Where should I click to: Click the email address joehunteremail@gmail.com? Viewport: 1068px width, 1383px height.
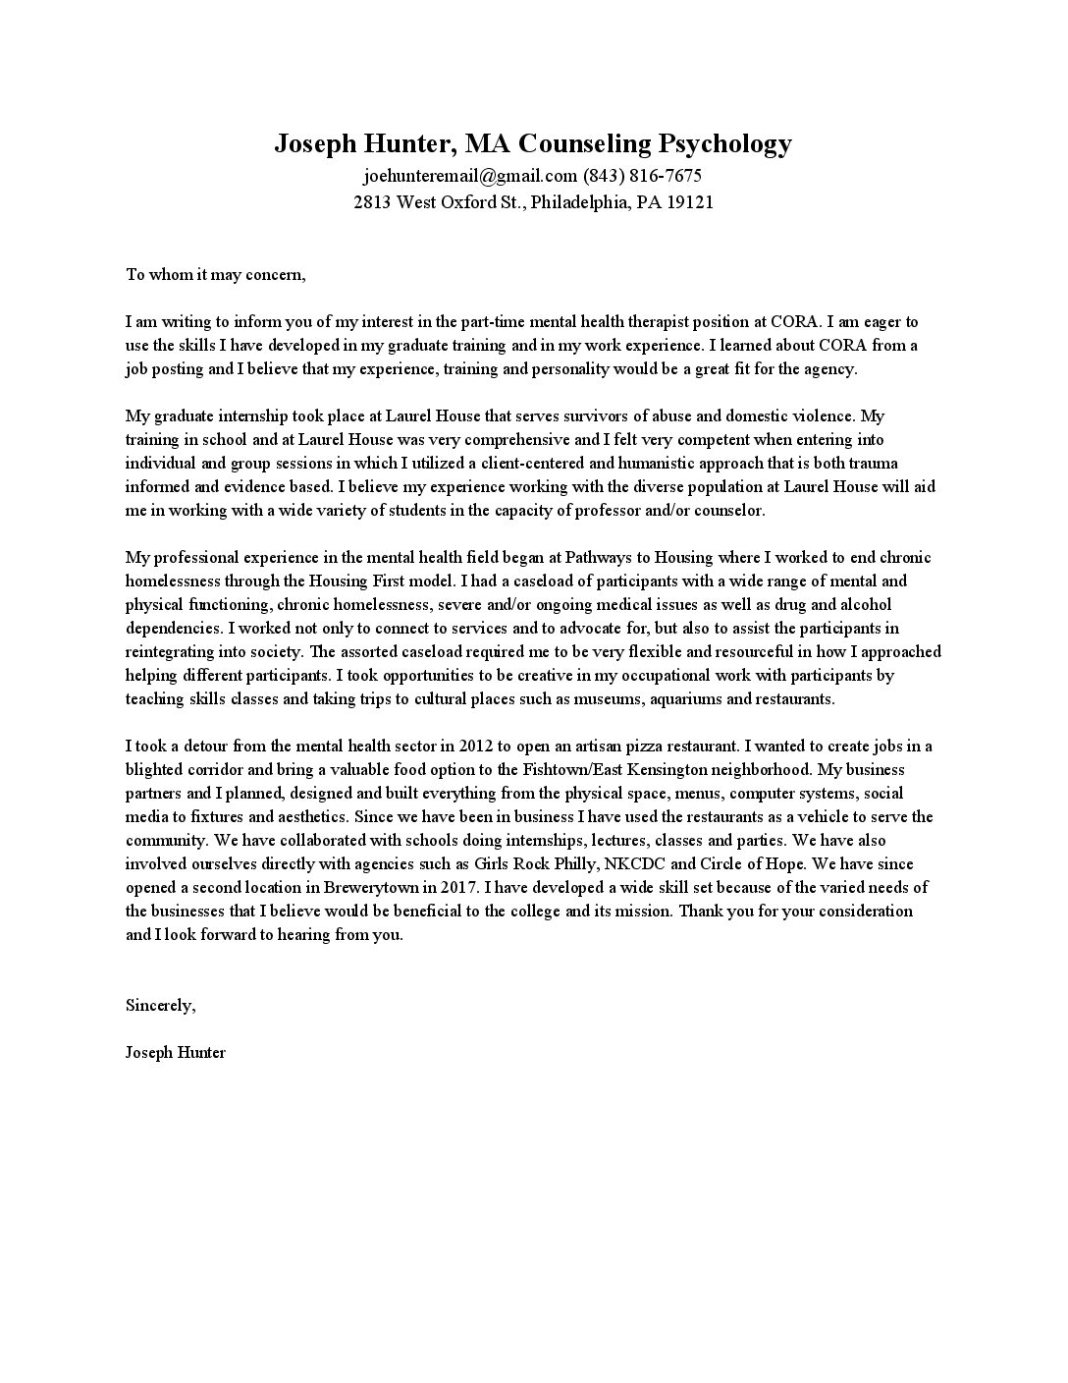tap(470, 177)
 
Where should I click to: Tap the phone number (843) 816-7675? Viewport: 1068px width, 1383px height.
tap(642, 177)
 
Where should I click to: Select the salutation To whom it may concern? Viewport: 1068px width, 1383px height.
tap(216, 274)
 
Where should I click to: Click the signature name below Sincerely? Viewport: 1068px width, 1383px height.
tap(176, 1052)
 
